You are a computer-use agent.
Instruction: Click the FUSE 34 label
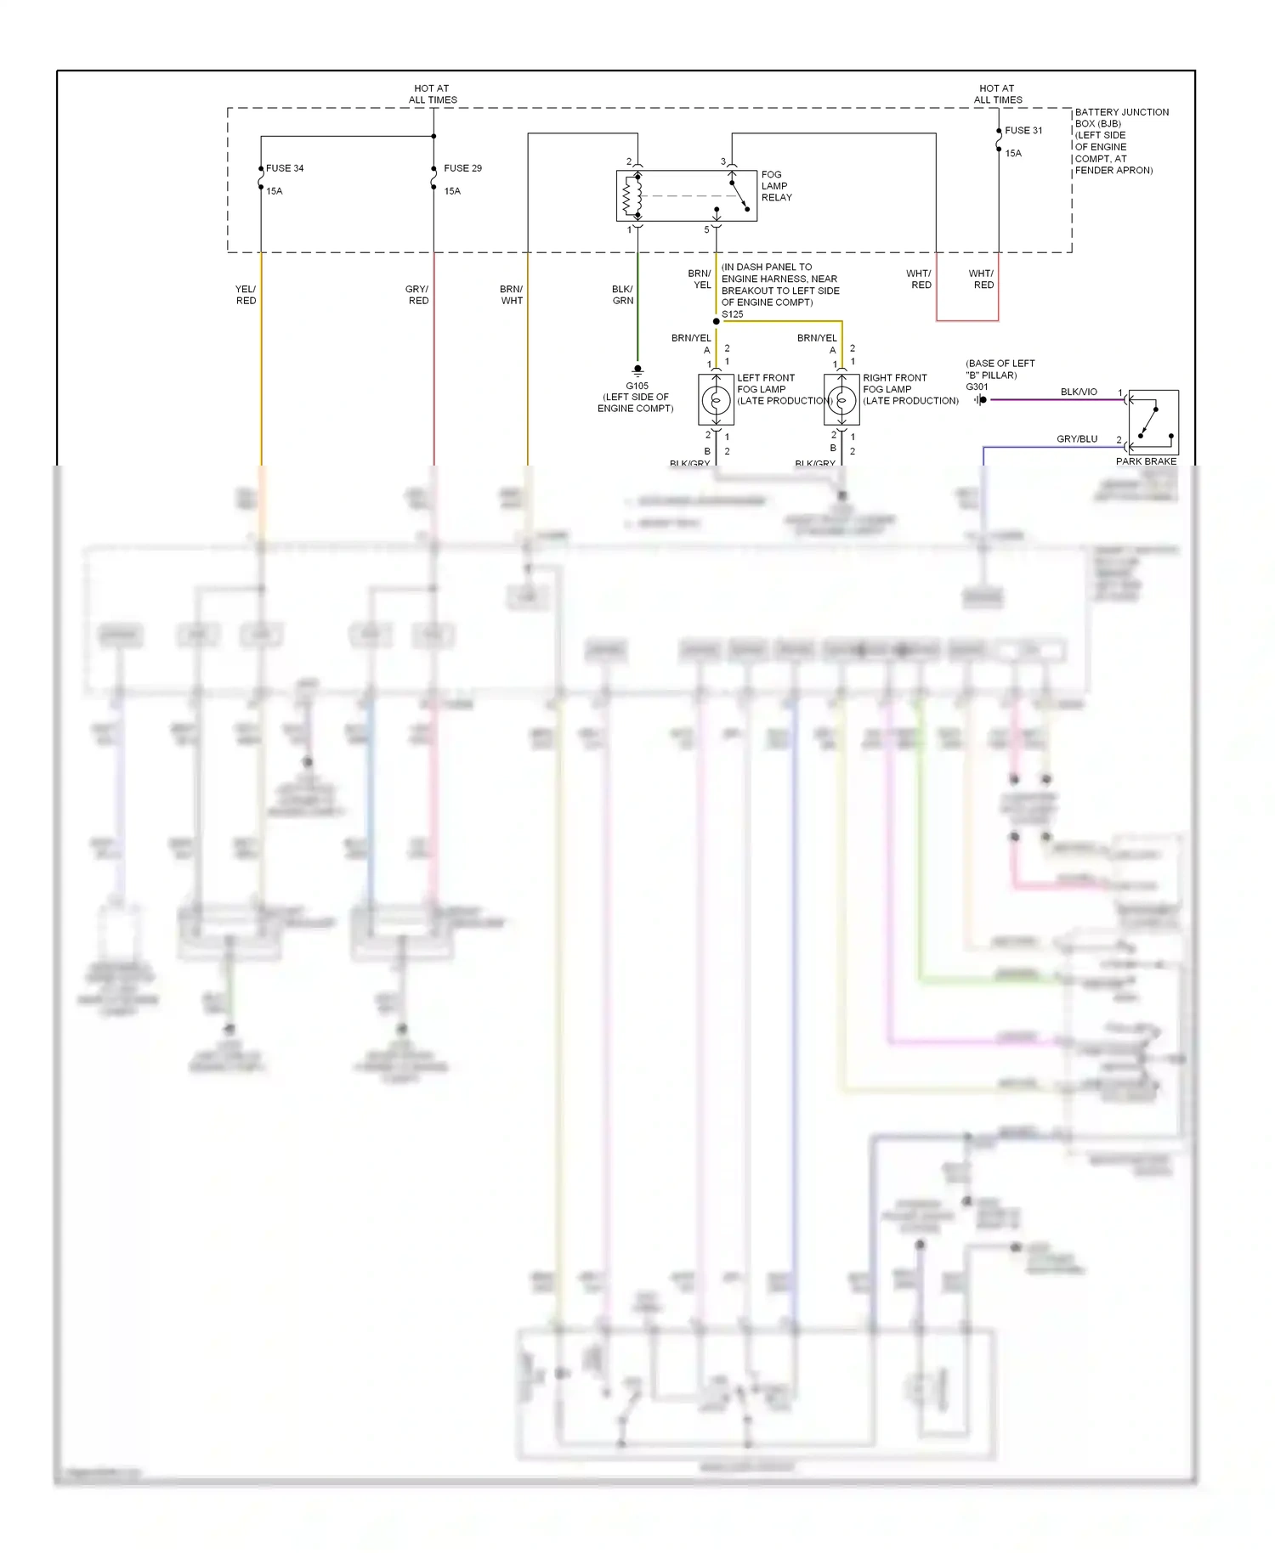point(285,168)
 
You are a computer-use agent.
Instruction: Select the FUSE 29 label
point(462,168)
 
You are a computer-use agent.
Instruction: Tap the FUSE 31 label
point(1023,131)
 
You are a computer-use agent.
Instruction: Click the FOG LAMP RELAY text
point(776,186)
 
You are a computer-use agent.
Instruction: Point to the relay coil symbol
point(632,196)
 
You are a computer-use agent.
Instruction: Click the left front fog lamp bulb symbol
point(717,399)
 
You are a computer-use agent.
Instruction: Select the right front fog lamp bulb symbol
point(842,399)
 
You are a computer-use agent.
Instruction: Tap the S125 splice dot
point(717,321)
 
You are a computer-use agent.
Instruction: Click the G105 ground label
point(637,386)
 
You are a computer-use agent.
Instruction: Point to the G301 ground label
point(977,387)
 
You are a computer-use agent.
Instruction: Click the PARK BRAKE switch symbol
point(1153,422)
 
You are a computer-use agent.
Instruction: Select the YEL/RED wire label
point(246,295)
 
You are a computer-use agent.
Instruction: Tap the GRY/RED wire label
point(417,295)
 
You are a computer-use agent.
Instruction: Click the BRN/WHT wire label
point(511,295)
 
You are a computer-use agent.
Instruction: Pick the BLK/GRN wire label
point(622,295)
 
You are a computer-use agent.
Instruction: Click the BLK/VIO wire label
point(1079,392)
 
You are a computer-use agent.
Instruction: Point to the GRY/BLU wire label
point(1077,439)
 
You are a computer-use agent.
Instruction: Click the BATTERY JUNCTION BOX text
point(1121,117)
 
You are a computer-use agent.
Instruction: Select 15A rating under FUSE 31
point(1013,154)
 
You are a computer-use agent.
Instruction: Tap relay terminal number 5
point(706,230)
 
